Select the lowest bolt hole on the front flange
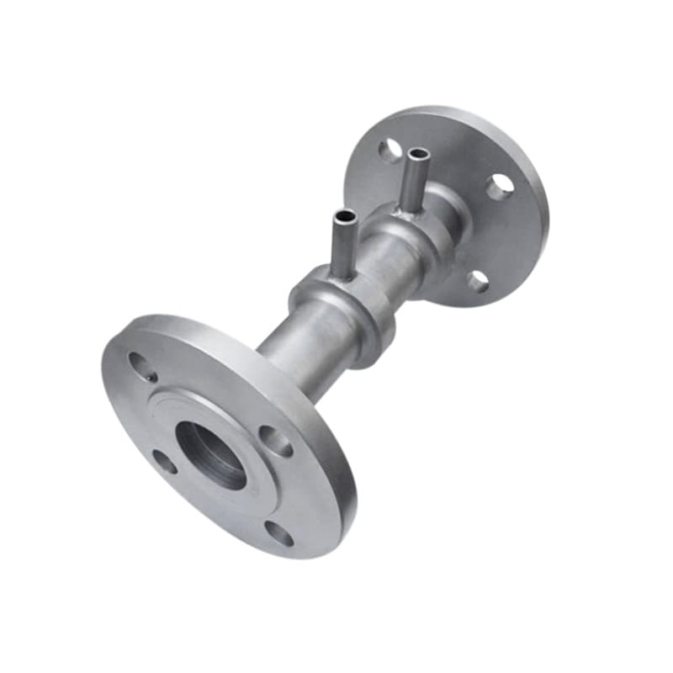coord(279,533)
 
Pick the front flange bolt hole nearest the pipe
coord(275,440)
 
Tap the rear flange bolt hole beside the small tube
coord(389,151)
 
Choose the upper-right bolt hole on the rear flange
coord(501,186)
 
